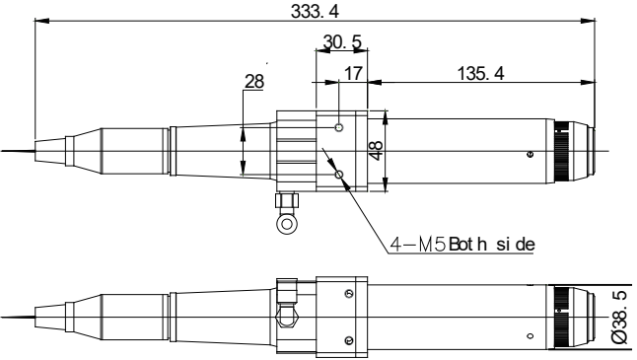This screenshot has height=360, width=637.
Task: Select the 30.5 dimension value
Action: tap(341, 42)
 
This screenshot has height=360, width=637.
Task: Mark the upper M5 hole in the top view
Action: tap(339, 128)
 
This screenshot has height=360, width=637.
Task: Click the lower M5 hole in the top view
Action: tap(339, 175)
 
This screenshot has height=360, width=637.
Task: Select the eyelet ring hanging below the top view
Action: tap(286, 223)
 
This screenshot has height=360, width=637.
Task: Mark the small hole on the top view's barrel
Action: tap(531, 155)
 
